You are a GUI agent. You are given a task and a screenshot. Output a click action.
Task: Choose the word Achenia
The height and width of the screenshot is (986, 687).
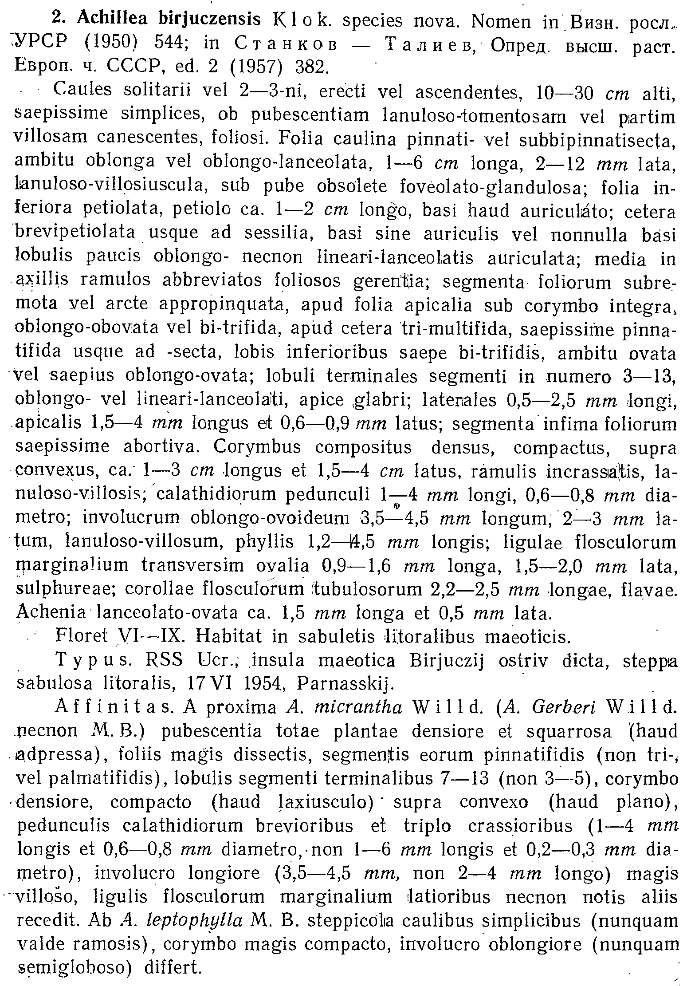tap(50, 613)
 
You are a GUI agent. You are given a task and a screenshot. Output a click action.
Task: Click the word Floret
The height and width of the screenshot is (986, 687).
tap(82, 637)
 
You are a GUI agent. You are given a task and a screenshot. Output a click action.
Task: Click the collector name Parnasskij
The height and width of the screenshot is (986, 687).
tap(345, 684)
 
